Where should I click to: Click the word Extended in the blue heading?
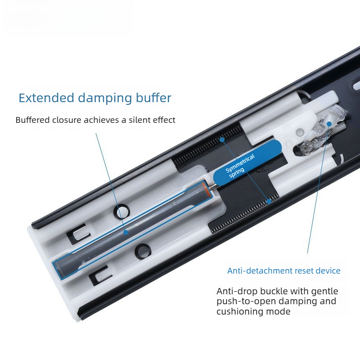click(x=47, y=98)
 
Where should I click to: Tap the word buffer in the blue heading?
click(x=153, y=98)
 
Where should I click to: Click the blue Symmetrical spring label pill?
click(x=247, y=163)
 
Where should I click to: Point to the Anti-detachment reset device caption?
click(x=284, y=271)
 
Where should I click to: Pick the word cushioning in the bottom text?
click(x=240, y=311)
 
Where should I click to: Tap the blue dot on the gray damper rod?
click(x=126, y=232)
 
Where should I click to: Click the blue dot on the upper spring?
click(x=222, y=139)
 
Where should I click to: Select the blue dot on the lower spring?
click(x=269, y=201)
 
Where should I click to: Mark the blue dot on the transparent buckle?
click(x=329, y=124)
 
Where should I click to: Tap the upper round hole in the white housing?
click(x=121, y=211)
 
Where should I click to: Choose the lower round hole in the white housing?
click(x=143, y=251)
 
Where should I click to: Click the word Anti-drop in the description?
click(x=237, y=291)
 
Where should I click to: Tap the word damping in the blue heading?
click(x=105, y=98)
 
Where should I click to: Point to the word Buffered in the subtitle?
click(x=32, y=120)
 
